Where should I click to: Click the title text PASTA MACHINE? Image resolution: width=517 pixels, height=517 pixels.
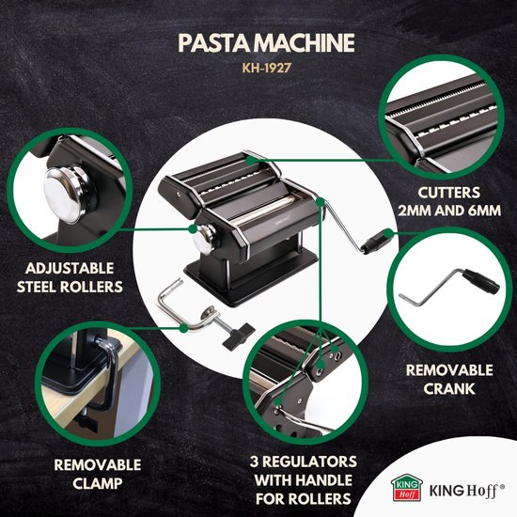[266, 43]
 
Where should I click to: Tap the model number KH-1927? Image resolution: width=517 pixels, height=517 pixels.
[267, 68]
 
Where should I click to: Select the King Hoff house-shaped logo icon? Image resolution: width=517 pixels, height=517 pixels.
[407, 487]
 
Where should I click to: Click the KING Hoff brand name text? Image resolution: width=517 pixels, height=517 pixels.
[466, 491]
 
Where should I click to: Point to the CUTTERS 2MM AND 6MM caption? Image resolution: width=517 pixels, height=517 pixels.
[449, 201]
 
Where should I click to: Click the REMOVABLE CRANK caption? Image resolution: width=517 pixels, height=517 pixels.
[449, 379]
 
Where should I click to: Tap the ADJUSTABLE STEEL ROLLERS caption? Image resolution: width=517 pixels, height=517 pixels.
[70, 277]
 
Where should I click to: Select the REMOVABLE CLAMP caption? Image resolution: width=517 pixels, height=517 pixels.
[98, 474]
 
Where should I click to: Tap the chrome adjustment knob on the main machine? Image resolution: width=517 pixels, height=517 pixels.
[205, 239]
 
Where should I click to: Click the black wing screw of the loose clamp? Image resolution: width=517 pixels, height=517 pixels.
[239, 337]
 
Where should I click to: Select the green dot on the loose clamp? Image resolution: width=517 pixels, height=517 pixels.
[184, 328]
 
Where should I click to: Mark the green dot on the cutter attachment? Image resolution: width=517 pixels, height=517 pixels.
[250, 160]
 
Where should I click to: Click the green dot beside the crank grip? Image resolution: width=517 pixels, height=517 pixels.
[389, 233]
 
